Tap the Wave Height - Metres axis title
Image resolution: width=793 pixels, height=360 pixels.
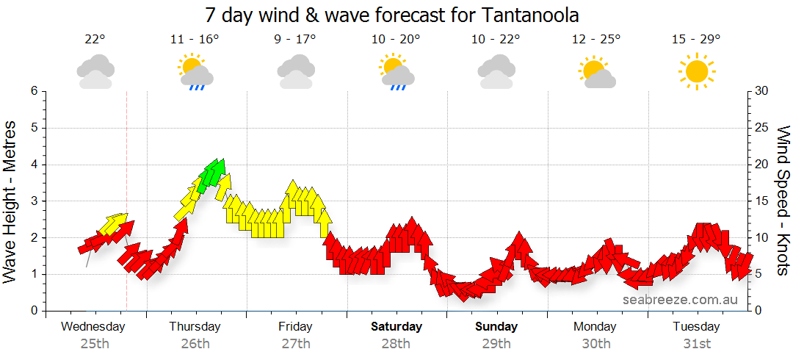pyautogui.click(x=11, y=201)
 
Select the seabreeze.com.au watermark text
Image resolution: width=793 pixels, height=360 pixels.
pyautogui.click(x=680, y=300)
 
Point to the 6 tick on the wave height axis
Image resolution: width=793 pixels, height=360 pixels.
pyautogui.click(x=32, y=91)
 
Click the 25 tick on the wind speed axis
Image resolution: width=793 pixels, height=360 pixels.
pyautogui.click(x=762, y=128)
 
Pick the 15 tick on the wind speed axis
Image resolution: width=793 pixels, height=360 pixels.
pyautogui.click(x=762, y=201)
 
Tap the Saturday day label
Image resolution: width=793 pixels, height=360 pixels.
pyautogui.click(x=396, y=326)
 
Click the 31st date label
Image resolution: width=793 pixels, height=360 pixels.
pyautogui.click(x=697, y=344)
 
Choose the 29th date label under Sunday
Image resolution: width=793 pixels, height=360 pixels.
pyautogui.click(x=496, y=344)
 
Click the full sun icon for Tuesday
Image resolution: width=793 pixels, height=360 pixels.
pyautogui.click(x=696, y=72)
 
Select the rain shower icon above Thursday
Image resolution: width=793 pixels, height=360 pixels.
pyautogui.click(x=195, y=73)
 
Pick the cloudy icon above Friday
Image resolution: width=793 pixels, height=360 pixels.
pyautogui.click(x=296, y=73)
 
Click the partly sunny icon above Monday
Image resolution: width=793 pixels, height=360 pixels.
pyautogui.click(x=596, y=73)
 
